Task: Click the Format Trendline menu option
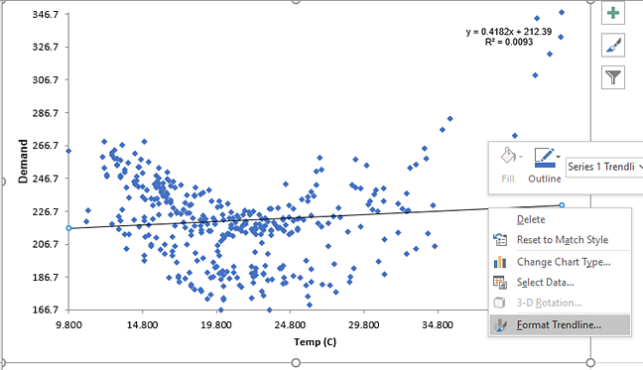pyautogui.click(x=560, y=324)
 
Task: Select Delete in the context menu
pyautogui.click(x=531, y=219)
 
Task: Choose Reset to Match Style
pyautogui.click(x=562, y=240)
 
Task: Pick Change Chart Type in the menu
pyautogui.click(x=563, y=262)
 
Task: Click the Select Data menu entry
pyautogui.click(x=545, y=283)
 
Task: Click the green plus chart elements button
pyautogui.click(x=613, y=14)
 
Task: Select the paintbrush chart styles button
pyautogui.click(x=613, y=46)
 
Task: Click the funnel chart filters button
pyautogui.click(x=613, y=77)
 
